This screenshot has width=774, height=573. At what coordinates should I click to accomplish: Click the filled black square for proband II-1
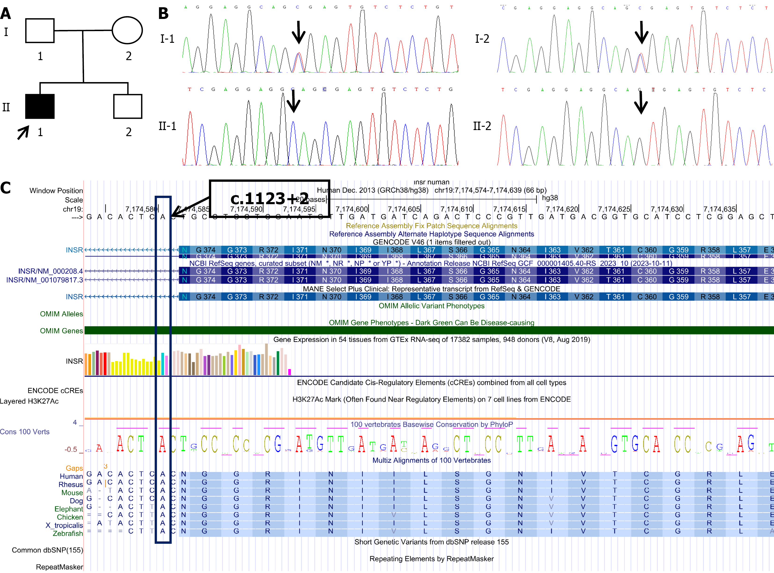pyautogui.click(x=40, y=106)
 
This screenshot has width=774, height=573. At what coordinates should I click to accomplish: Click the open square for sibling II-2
pyautogui.click(x=128, y=106)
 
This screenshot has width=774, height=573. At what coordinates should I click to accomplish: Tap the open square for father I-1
pyautogui.click(x=40, y=31)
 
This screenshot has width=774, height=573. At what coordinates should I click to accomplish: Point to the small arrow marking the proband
pyautogui.click(x=23, y=133)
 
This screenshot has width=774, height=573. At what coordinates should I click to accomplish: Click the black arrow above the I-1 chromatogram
pyautogui.click(x=298, y=32)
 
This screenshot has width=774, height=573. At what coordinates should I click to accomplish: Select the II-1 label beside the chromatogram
pyautogui.click(x=167, y=126)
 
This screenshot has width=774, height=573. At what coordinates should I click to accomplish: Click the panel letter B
pyautogui.click(x=163, y=14)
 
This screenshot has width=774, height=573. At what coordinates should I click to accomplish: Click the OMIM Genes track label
pyautogui.click(x=61, y=330)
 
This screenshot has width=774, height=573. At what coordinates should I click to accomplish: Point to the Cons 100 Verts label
pyautogui.click(x=25, y=432)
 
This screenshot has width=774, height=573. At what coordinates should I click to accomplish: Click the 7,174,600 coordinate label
pyautogui.click(x=351, y=209)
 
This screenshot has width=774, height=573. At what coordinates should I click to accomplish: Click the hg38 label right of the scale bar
pyautogui.click(x=550, y=198)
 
